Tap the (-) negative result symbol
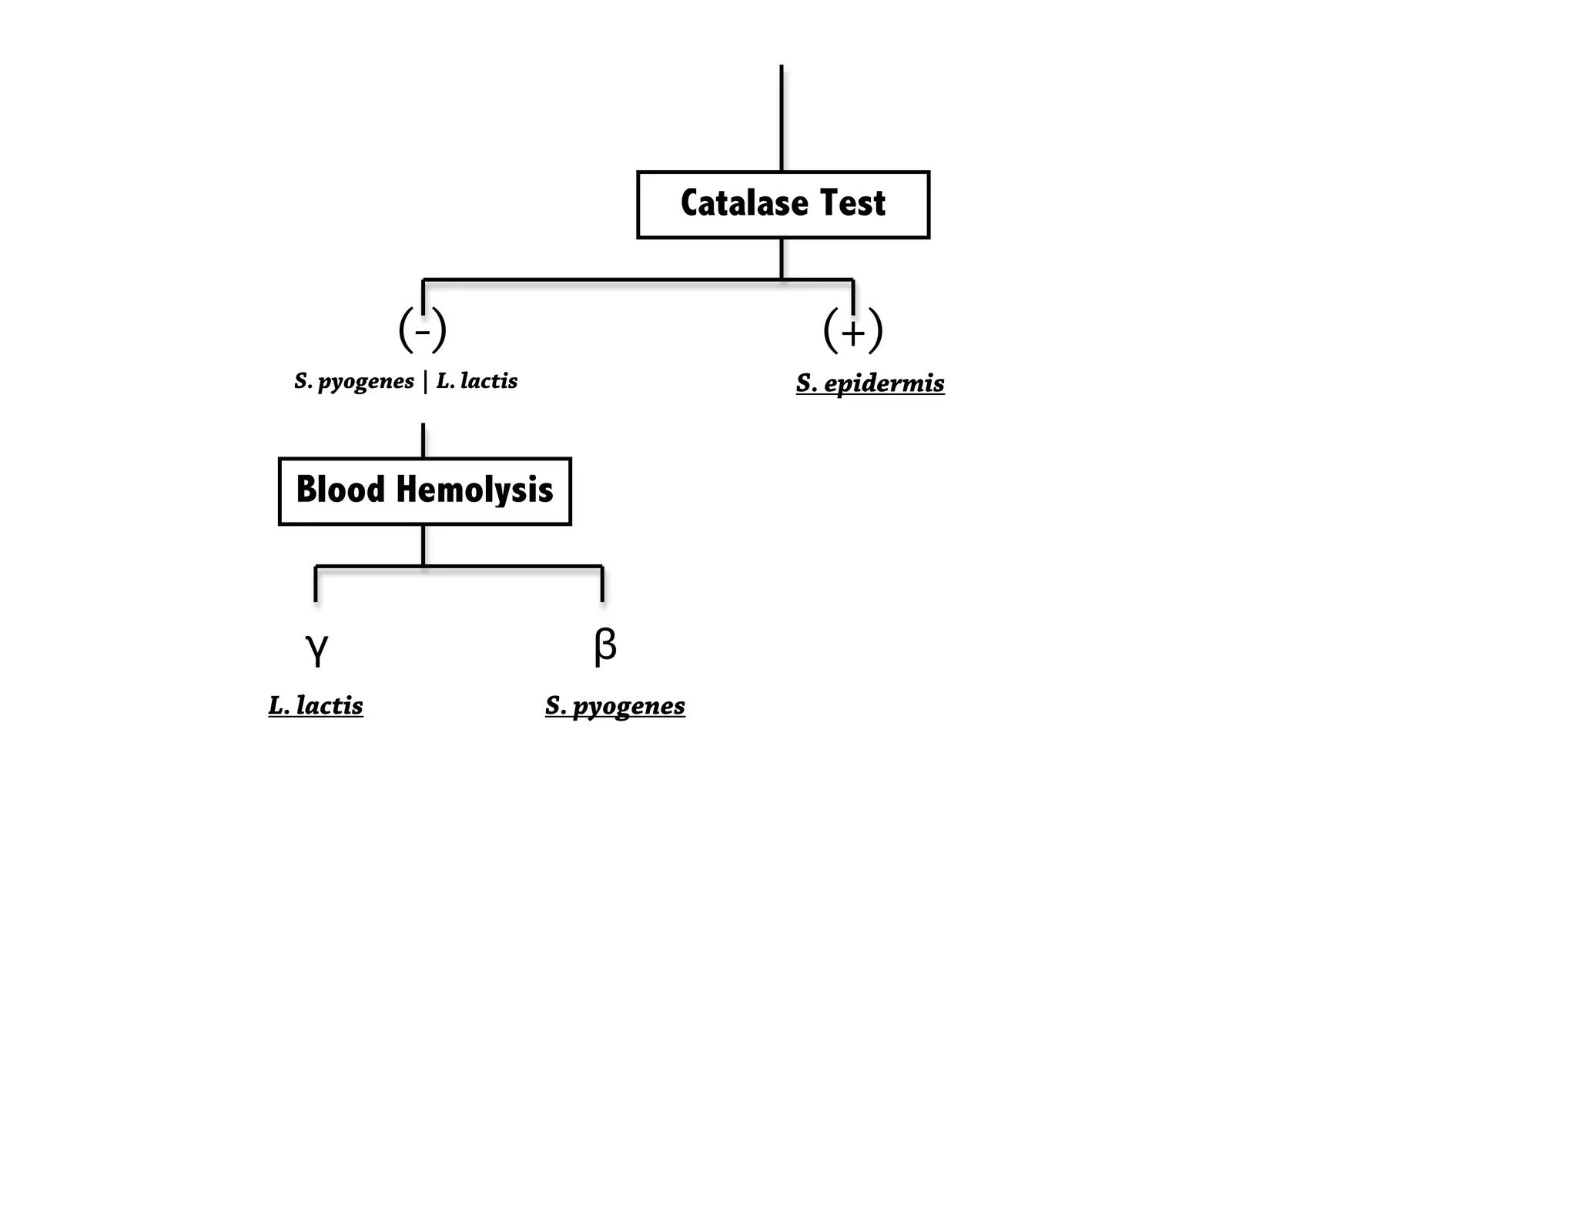(422, 330)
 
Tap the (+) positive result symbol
(852, 331)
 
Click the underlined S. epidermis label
(870, 383)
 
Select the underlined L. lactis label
(316, 705)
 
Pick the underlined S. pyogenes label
(614, 705)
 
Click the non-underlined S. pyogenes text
(354, 381)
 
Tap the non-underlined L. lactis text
(477, 381)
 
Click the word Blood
(340, 490)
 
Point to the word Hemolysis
(474, 490)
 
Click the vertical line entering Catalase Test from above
(782, 115)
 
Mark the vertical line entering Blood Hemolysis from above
(424, 440)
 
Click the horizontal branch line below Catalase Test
(601, 279)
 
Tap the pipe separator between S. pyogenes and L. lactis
(425, 381)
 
